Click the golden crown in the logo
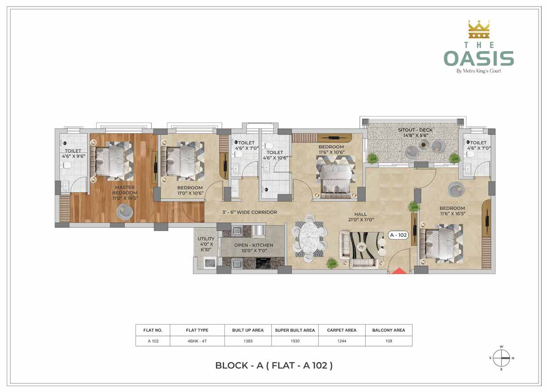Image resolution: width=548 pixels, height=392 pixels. pyautogui.click(x=478, y=29)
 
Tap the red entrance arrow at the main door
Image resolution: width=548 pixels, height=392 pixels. pyautogui.click(x=399, y=271)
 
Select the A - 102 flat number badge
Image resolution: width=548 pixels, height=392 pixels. pyautogui.click(x=398, y=235)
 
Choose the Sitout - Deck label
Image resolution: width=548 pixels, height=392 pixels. pyautogui.click(x=415, y=132)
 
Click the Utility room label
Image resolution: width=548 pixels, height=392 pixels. pyautogui.click(x=206, y=244)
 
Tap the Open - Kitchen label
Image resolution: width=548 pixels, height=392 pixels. pyautogui.click(x=254, y=247)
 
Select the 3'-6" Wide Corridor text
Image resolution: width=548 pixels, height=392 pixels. pyautogui.click(x=250, y=212)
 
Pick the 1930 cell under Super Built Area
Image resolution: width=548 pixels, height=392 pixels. pyautogui.click(x=295, y=341)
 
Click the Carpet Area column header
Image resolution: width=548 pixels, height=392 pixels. pyautogui.click(x=342, y=330)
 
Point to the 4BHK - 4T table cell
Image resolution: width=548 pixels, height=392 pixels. pyautogui.click(x=197, y=341)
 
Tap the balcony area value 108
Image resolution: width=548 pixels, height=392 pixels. pyautogui.click(x=389, y=341)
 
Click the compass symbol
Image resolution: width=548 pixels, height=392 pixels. pyautogui.click(x=501, y=358)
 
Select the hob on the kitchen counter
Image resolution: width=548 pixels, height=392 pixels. pyautogui.click(x=263, y=263)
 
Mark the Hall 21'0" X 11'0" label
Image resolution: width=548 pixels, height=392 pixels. pyautogui.click(x=361, y=217)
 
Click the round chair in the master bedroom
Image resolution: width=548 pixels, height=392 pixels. pyautogui.click(x=125, y=211)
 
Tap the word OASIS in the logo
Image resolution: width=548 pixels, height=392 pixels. pyautogui.click(x=479, y=58)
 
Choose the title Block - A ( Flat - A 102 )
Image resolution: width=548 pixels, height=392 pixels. pyautogui.click(x=274, y=366)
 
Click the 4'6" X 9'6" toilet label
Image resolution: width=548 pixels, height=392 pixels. pyautogui.click(x=73, y=156)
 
